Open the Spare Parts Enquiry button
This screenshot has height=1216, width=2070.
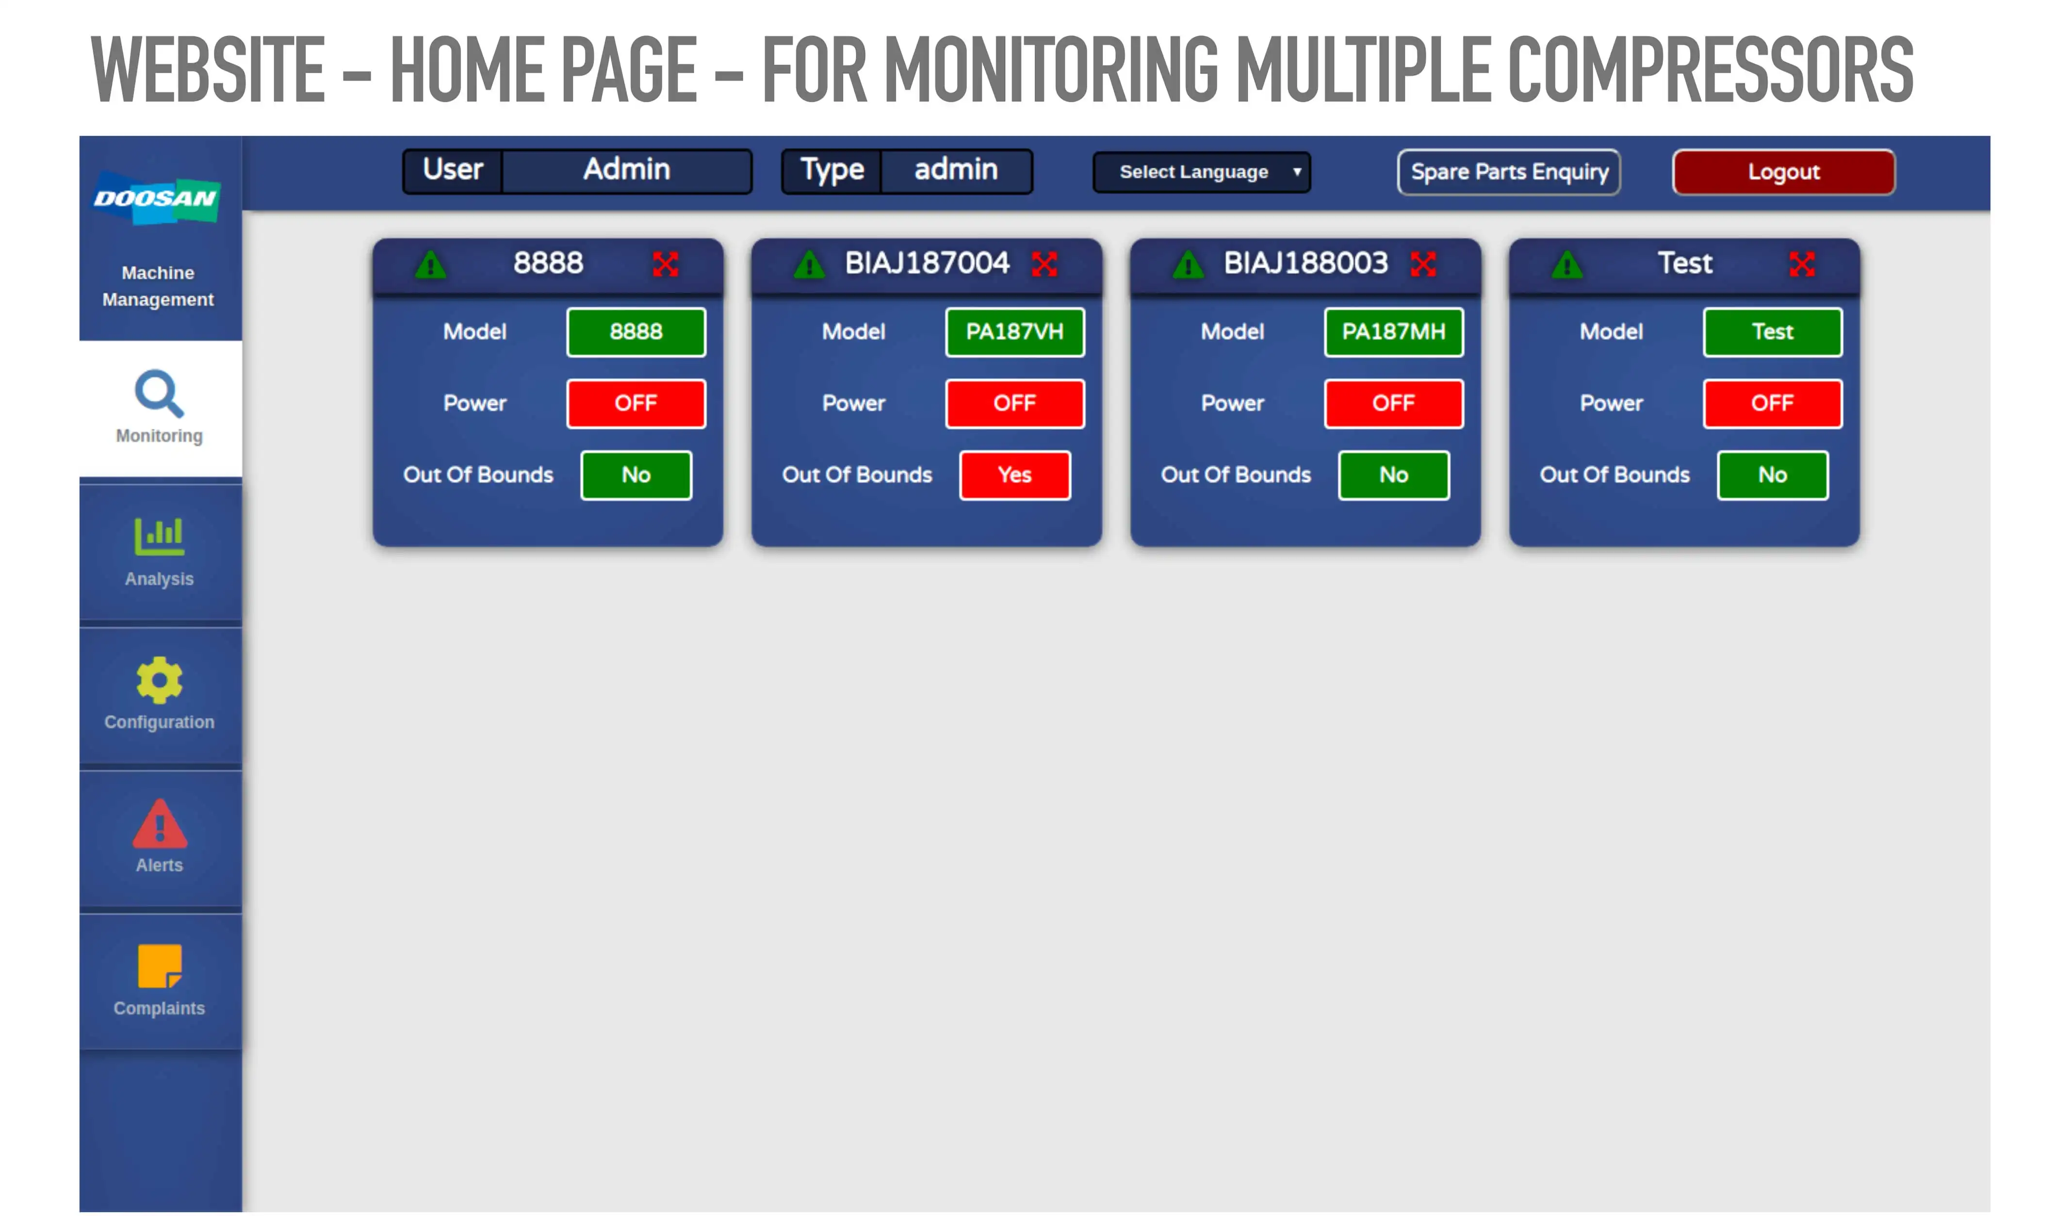point(1509,172)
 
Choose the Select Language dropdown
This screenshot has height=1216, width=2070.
point(1202,172)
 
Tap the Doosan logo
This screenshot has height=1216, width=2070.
point(156,198)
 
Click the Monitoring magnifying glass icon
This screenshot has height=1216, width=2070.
point(159,394)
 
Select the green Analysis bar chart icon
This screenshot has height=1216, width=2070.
point(159,537)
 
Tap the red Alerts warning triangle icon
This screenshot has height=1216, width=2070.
point(159,823)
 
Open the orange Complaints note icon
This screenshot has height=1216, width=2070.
point(159,966)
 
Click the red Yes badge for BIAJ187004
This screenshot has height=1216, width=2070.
point(1014,475)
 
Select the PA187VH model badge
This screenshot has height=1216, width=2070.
point(1014,332)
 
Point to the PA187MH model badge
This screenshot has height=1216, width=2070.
point(1393,332)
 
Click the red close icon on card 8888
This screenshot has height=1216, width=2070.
point(666,264)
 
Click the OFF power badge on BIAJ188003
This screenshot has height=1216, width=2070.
point(1393,403)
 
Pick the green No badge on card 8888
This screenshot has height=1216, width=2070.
point(636,475)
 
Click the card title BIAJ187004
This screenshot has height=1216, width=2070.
point(927,263)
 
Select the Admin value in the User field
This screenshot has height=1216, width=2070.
point(627,169)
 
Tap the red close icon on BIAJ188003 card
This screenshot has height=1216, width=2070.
point(1423,264)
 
